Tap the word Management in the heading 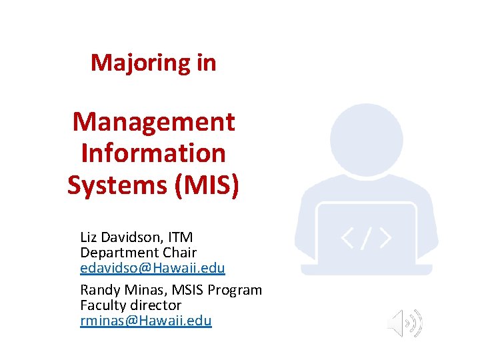153,122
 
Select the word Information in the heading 153,153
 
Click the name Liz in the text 88,237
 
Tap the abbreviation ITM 180,237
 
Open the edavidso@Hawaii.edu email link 153,268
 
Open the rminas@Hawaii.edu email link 146,321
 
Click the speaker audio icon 405,323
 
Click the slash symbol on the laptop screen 366,238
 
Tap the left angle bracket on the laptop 348,238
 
